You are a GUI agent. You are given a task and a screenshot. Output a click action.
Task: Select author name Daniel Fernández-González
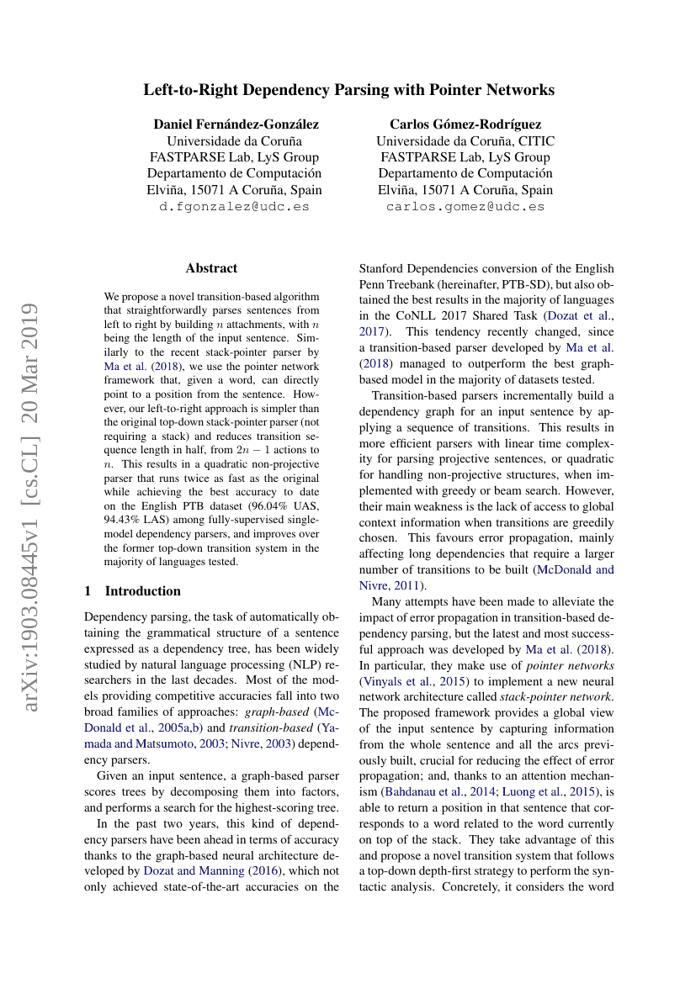236,124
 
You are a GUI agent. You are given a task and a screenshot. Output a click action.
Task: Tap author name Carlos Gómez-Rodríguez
465,124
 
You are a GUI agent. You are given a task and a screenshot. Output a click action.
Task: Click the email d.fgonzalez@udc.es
234,206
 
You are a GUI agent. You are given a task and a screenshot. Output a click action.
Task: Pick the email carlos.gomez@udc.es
465,206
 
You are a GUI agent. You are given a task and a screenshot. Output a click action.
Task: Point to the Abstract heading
211,268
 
